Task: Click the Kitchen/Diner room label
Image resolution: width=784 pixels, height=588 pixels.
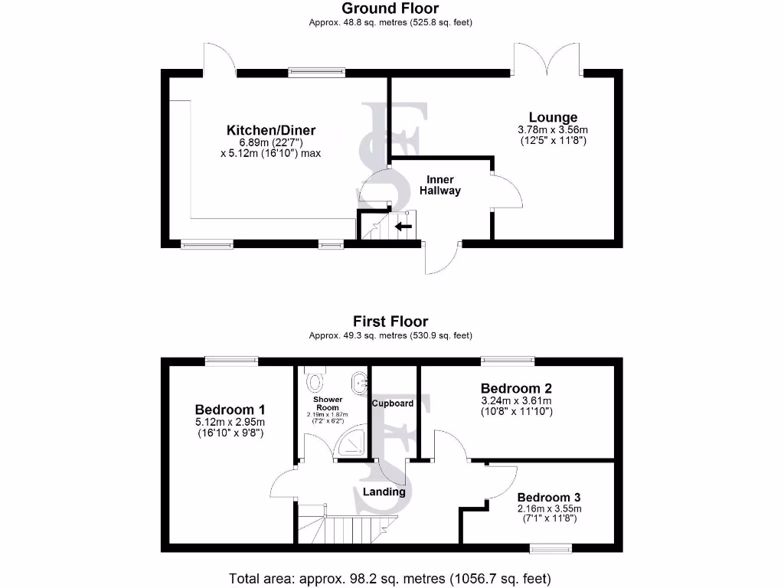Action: click(x=270, y=130)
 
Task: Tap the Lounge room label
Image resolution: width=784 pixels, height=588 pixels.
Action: click(x=552, y=117)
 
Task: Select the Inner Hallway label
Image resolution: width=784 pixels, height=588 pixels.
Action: click(x=439, y=185)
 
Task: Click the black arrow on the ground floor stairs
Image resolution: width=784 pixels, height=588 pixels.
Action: click(x=403, y=226)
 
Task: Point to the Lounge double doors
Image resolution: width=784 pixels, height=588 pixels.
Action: click(x=547, y=59)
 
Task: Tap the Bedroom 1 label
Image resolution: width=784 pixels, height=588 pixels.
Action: click(x=230, y=409)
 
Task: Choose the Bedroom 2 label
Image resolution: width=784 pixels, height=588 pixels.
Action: click(x=516, y=387)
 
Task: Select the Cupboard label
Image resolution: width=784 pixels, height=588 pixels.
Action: click(x=393, y=403)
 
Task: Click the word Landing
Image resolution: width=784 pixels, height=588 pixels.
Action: click(x=384, y=492)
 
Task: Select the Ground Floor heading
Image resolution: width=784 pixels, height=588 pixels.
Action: click(x=390, y=8)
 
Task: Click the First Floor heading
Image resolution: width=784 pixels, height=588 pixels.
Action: click(x=390, y=322)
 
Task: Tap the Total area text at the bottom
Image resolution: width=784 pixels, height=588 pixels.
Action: click(x=390, y=578)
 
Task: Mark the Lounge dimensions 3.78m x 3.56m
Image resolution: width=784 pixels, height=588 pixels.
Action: click(x=552, y=130)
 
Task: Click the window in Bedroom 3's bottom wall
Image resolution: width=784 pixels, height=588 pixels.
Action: click(x=551, y=547)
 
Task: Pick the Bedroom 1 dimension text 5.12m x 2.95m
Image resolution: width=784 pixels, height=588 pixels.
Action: click(x=230, y=422)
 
